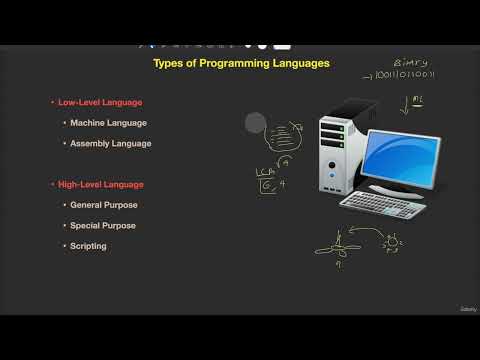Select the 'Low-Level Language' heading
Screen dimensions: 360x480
99,102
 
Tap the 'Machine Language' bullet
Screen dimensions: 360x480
108,123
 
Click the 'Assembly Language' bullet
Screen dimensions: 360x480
110,143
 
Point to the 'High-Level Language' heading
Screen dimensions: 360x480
100,184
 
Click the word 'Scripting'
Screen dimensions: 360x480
88,246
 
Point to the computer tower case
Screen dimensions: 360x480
337,160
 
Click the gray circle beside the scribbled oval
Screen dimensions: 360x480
255,123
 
